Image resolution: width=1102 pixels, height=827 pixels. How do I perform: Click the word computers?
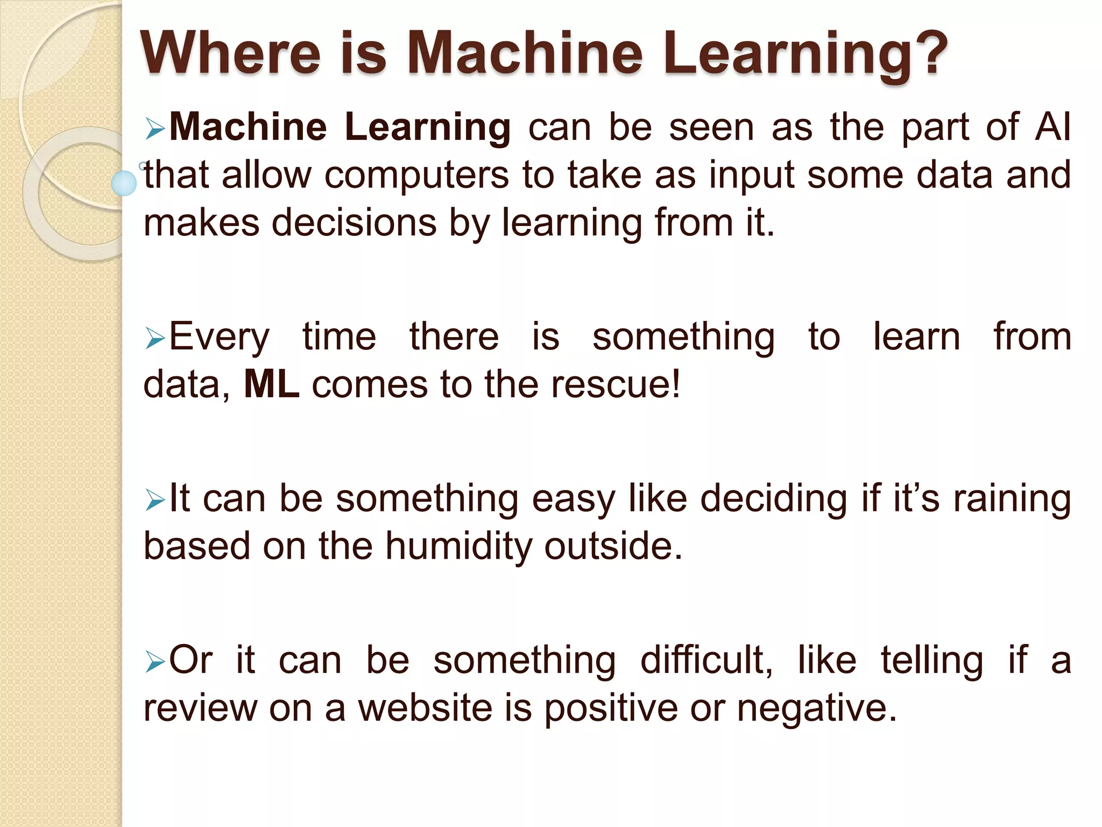416,176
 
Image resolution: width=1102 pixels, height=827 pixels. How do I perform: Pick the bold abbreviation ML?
272,384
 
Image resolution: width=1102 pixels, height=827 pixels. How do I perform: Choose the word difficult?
706,660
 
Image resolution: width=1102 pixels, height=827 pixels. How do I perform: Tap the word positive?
611,709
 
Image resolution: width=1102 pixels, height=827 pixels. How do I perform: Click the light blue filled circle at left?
124,183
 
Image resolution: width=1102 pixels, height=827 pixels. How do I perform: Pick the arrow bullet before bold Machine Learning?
154,129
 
